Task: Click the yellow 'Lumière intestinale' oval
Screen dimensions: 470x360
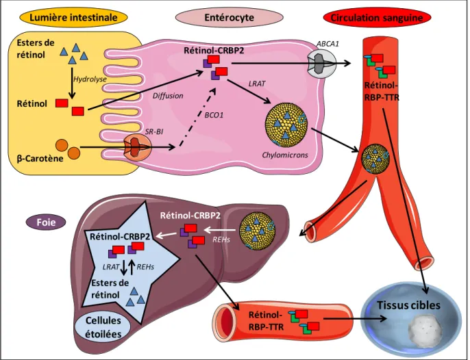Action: [73, 18]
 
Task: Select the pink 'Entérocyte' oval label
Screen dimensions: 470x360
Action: [230, 18]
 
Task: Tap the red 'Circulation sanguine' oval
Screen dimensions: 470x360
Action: [377, 18]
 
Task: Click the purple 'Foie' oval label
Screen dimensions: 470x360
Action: [46, 222]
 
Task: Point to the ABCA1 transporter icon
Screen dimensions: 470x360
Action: [322, 64]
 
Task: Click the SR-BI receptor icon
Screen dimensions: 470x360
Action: [138, 147]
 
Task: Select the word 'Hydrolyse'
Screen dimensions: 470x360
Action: [90, 79]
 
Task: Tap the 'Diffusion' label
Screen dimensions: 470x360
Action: [168, 96]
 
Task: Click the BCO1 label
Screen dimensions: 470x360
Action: [214, 115]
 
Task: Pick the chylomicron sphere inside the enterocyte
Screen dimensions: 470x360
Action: [286, 125]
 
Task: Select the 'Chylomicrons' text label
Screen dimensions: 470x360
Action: [285, 155]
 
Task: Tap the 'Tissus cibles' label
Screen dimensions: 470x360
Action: [408, 305]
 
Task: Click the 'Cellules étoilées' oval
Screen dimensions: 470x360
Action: [103, 327]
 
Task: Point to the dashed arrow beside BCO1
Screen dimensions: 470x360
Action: [197, 117]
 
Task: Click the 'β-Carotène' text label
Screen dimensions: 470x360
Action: [40, 158]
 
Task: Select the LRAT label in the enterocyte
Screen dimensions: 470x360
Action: [257, 83]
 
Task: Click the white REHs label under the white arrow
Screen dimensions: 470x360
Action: [221, 240]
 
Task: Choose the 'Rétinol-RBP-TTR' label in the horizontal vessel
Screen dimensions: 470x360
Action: [266, 321]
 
